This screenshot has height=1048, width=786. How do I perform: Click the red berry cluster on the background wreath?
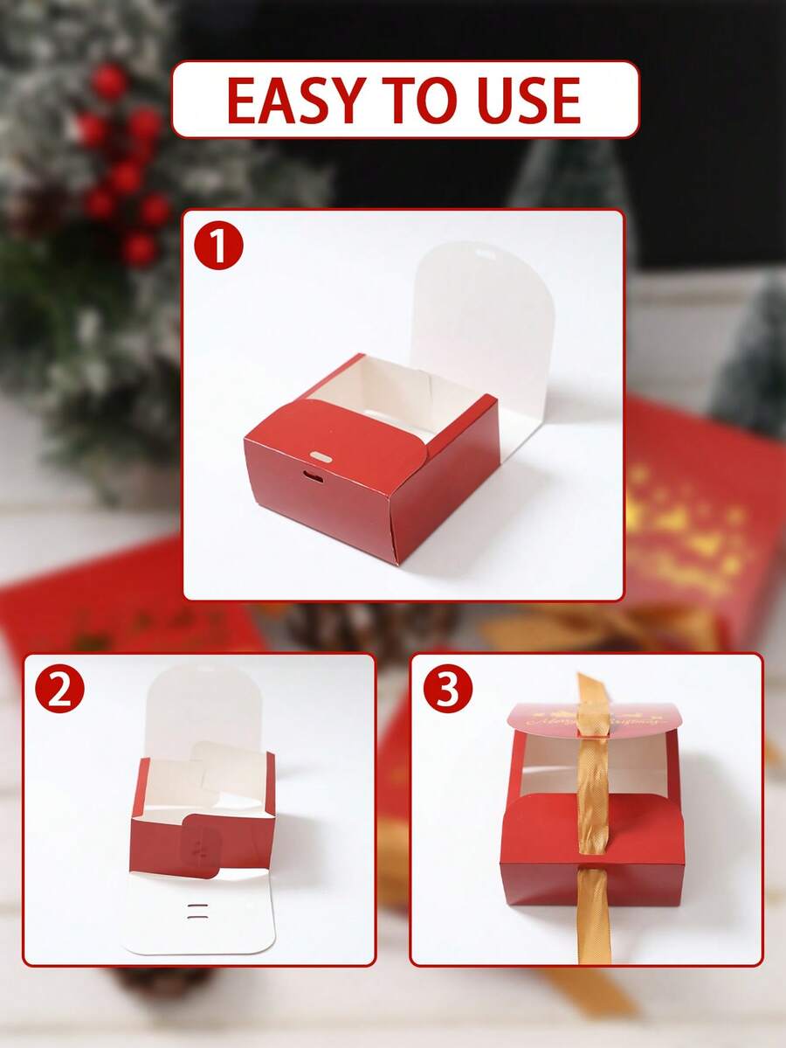coord(122,166)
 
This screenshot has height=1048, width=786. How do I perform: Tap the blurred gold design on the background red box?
coord(690,524)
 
